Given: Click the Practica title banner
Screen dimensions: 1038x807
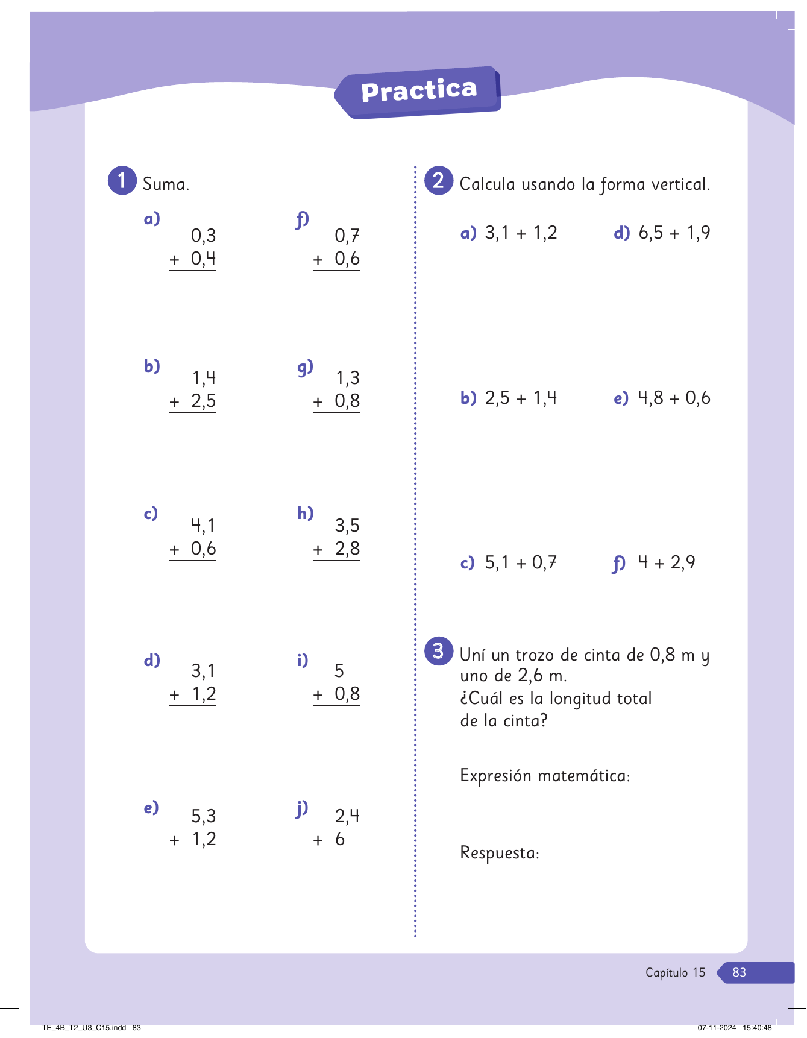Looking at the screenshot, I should pos(419,92).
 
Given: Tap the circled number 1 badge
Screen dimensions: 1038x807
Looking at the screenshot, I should pos(122,180).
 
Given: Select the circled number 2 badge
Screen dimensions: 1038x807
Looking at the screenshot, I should pos(439,180).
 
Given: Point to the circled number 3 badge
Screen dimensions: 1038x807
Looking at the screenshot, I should pos(439,651).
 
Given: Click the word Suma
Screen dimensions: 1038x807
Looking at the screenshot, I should pos(166,184).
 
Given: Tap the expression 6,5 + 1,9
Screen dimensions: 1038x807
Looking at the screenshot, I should pos(674,233).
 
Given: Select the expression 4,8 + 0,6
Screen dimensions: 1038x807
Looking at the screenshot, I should pos(674,398).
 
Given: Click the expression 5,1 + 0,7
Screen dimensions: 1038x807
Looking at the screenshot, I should pos(521,563).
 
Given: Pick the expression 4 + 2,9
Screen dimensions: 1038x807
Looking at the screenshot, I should pos(667,563).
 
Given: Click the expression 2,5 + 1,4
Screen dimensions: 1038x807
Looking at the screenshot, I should pos(521,398).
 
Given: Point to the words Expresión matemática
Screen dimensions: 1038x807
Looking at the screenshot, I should pos(544,775).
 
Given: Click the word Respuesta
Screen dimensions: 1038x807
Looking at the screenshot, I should pos(499,853).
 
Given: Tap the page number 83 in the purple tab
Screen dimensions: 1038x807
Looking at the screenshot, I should pos(739,972).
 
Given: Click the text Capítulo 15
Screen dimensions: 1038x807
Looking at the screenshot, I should pos(675,972).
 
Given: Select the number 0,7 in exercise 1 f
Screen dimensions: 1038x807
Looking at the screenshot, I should pos(347,236).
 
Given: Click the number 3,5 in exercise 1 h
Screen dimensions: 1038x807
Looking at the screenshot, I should pos(347,526).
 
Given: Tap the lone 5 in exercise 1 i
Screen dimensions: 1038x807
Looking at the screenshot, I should pos(339,671).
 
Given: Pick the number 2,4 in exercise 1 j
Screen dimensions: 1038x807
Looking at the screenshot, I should pos(347,816).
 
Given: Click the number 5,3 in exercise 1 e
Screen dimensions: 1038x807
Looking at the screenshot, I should pos(204,816).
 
